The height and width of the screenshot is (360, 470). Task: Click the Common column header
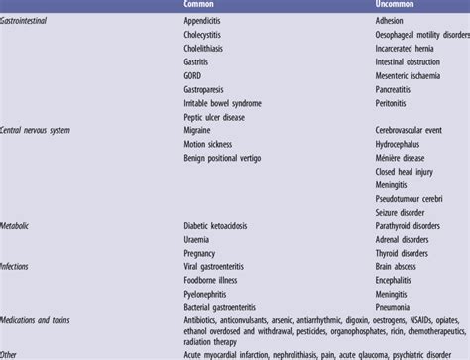202,5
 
